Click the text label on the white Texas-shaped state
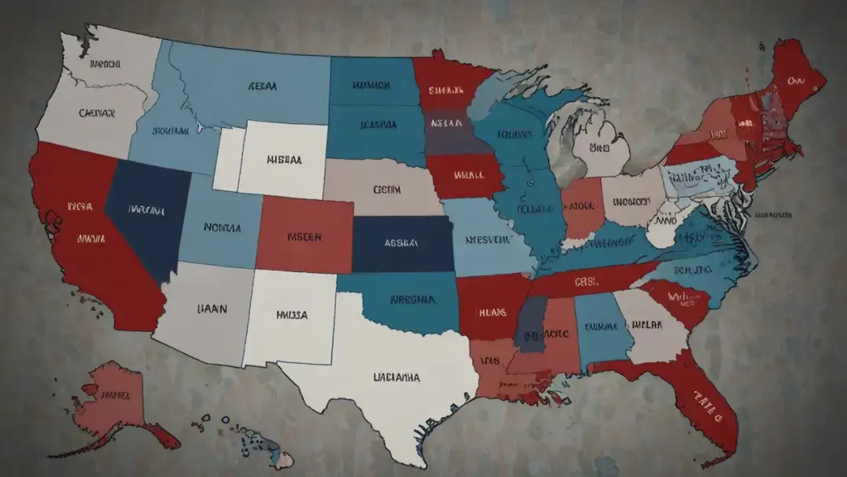[x=396, y=377]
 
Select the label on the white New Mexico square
[x=292, y=315]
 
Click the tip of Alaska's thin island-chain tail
[x=52, y=455]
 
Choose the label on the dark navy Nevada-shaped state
[x=146, y=210]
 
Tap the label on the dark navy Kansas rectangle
[x=402, y=244]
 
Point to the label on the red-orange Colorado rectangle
[x=304, y=235]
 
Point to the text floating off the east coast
[x=772, y=213]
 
